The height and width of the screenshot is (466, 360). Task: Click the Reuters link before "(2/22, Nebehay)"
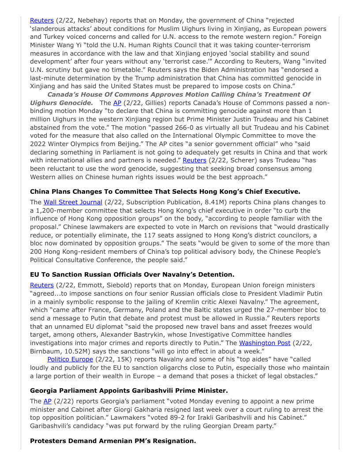[41, 20]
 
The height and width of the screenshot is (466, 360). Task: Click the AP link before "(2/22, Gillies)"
[117, 103]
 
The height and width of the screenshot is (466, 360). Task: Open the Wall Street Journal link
[69, 202]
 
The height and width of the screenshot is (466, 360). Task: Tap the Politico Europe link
[70, 359]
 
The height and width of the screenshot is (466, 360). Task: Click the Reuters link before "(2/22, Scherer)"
[195, 160]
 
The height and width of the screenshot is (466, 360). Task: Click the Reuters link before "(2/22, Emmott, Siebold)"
[41, 285]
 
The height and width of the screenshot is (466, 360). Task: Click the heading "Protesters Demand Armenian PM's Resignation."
[113, 441]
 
